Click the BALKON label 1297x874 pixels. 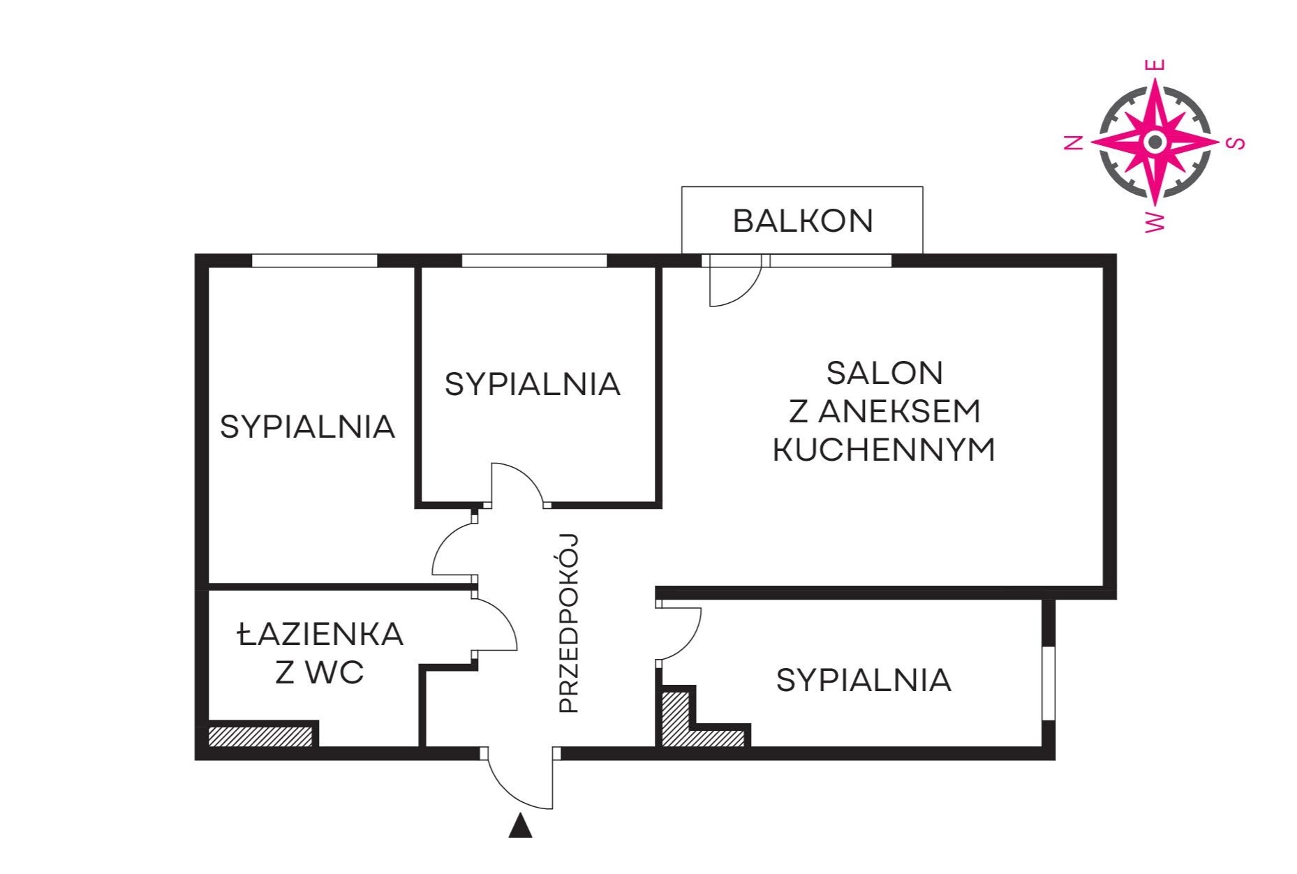pos(803,221)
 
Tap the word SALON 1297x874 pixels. pos(884,373)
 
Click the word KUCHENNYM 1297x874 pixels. pos(884,450)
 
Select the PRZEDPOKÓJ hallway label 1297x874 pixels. pos(570,623)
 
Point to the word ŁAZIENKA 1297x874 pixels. pos(320,634)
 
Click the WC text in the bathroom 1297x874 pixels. pos(339,673)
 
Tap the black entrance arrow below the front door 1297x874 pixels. pos(520,825)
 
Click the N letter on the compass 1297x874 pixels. pos(1073,143)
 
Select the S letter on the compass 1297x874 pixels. pos(1236,143)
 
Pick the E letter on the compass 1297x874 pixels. pos(1156,65)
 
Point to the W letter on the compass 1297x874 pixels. pos(1156,222)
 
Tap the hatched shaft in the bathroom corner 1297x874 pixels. pos(260,736)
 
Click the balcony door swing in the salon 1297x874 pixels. pos(746,293)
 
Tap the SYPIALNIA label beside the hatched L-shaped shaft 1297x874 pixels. pos(864,680)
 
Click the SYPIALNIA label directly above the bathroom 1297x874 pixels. pos(307,427)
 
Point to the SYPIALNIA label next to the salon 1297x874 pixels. pos(532,385)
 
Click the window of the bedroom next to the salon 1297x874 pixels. pos(534,261)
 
